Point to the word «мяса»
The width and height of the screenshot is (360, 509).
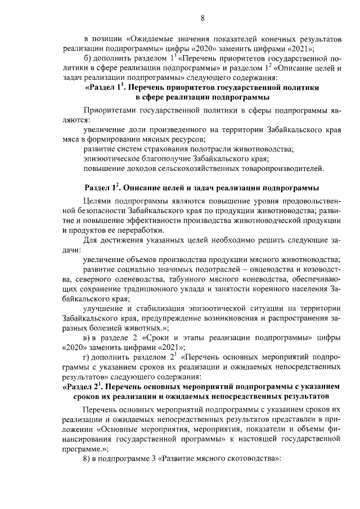click(71, 138)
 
